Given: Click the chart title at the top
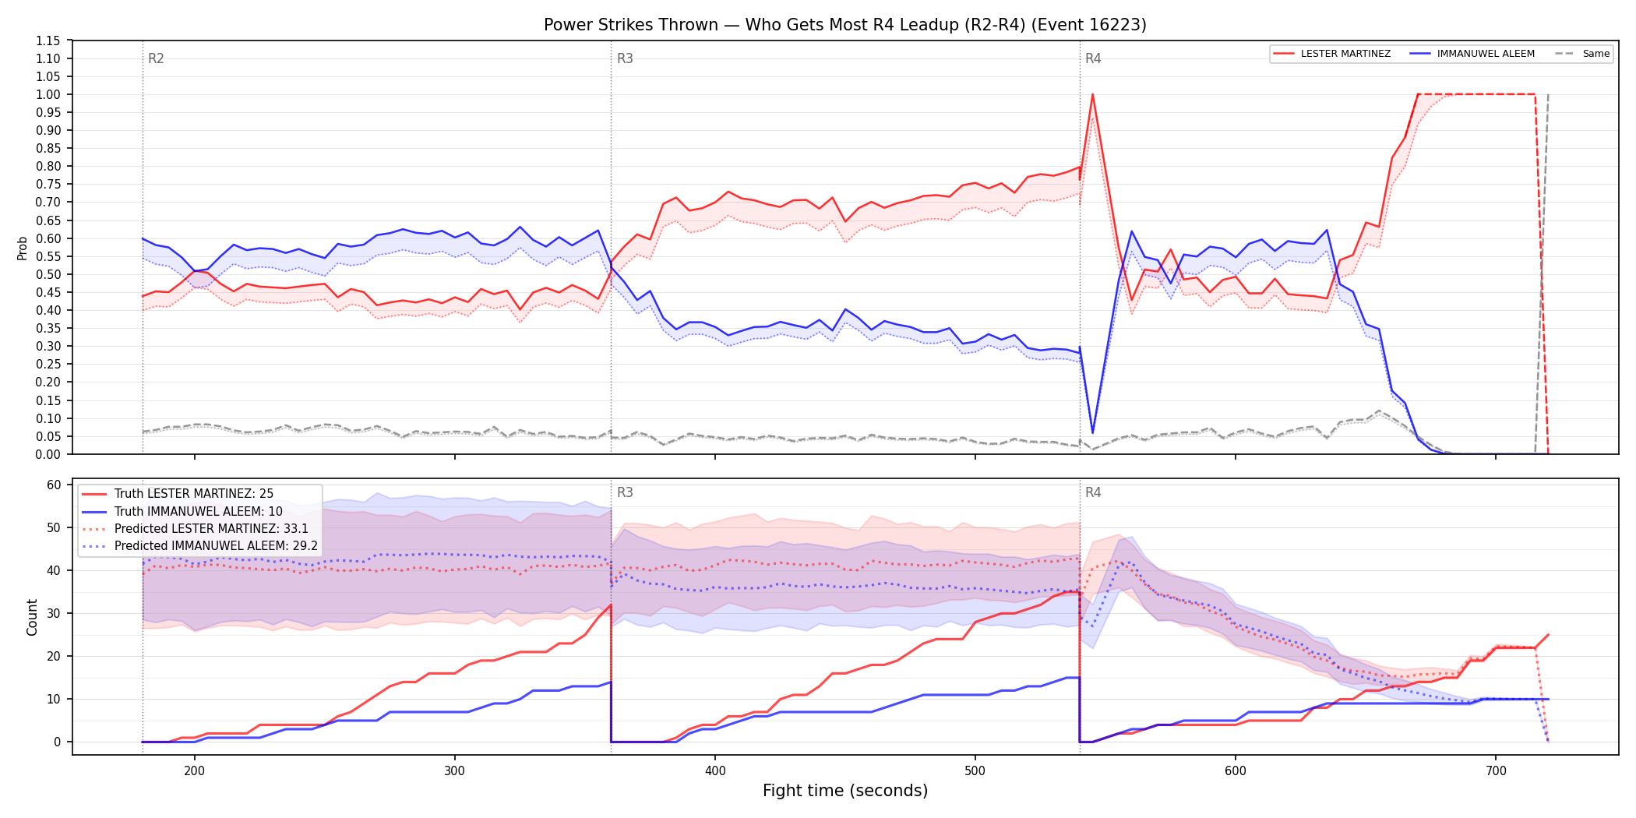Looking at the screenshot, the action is pyautogui.click(x=844, y=25).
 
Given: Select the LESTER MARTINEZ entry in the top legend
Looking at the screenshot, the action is pyautogui.click(x=1332, y=54).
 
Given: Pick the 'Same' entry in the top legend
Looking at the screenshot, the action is pyautogui.click(x=1582, y=54).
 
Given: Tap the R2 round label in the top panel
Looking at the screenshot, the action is pyautogui.click(x=156, y=58).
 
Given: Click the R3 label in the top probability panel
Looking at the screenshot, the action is pyautogui.click(x=625, y=58).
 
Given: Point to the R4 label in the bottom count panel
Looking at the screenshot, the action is pyautogui.click(x=1093, y=492).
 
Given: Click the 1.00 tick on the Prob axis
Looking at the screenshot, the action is pyautogui.click(x=48, y=94).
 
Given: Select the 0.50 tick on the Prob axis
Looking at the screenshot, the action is pyautogui.click(x=48, y=274).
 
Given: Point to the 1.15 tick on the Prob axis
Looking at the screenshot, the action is pyautogui.click(x=48, y=41).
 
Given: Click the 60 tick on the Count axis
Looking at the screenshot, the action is pyautogui.click(x=54, y=485).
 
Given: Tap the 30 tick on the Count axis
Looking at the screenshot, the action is pyautogui.click(x=54, y=613).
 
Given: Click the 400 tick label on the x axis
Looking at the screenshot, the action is pyautogui.click(x=715, y=770).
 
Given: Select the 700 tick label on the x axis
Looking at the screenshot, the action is pyautogui.click(x=1496, y=770).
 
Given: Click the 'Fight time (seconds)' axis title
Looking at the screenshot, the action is pyautogui.click(x=845, y=791).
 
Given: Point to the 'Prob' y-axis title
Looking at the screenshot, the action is pyautogui.click(x=23, y=248).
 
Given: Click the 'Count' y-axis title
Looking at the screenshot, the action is pyautogui.click(x=32, y=617).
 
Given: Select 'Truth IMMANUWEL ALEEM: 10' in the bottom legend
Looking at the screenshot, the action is pyautogui.click(x=199, y=511).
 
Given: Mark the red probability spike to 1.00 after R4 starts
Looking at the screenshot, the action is pyautogui.click(x=1093, y=94).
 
